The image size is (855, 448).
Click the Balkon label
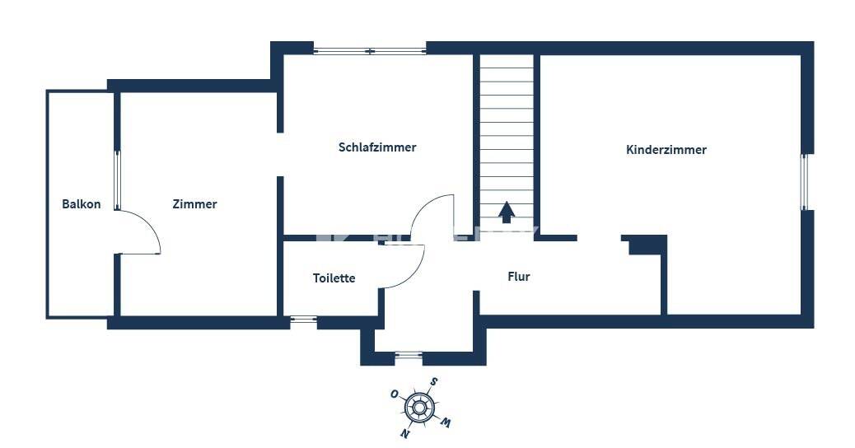click(x=82, y=204)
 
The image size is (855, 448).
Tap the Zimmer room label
click(x=194, y=204)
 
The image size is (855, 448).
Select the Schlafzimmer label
click(x=377, y=147)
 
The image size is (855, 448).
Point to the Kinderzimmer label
click(x=666, y=150)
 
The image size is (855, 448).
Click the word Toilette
click(x=334, y=278)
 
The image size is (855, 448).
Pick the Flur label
click(x=519, y=277)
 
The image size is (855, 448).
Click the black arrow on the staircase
click(x=507, y=212)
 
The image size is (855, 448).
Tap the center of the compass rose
click(x=418, y=407)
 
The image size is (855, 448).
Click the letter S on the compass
click(x=433, y=381)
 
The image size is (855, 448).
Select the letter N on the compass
click(x=404, y=433)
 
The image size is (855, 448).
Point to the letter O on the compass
click(x=394, y=394)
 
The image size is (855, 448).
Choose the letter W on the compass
click(x=446, y=422)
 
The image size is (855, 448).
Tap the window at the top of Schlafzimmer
click(x=370, y=51)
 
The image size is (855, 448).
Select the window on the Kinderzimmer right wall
click(x=804, y=182)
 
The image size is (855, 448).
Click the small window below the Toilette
click(x=303, y=320)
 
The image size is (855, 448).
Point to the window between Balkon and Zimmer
click(x=117, y=180)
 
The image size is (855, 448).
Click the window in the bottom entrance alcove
click(x=409, y=355)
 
